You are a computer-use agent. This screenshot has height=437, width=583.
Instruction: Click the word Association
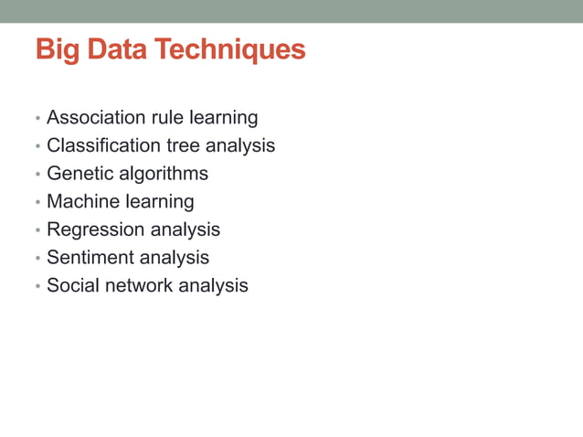(96, 118)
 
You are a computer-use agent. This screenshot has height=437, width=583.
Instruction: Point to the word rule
(167, 118)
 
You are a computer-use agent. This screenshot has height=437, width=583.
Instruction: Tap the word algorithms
(164, 174)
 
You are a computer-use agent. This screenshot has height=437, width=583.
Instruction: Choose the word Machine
(82, 201)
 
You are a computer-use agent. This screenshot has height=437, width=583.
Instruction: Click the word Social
(73, 285)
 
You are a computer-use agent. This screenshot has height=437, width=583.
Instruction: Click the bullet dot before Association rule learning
(37, 120)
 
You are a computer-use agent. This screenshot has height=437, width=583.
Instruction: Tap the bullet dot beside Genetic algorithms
(37, 176)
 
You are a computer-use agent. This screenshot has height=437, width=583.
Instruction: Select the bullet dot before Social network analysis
(37, 287)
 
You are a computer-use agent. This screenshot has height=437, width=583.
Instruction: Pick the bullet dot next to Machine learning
(37, 203)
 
